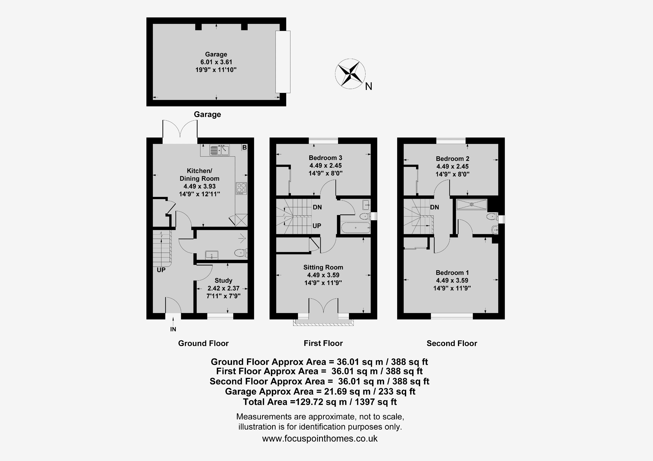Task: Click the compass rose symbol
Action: coord(350,74)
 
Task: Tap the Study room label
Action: coord(224,281)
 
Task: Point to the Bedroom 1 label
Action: coord(452,273)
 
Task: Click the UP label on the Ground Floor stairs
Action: coord(161,270)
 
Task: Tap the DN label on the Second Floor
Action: coord(435,207)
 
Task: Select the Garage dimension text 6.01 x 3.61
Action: coord(216,62)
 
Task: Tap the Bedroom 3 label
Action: coord(326,158)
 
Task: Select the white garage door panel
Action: coord(283,62)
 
